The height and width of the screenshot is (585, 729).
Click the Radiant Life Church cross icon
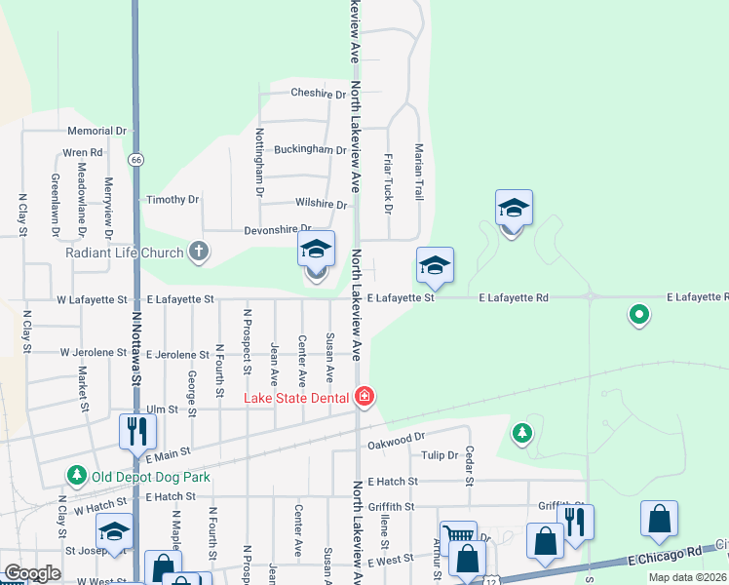click(199, 253)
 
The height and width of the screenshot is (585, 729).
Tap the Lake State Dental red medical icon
click(364, 396)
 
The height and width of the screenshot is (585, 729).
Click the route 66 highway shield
click(135, 159)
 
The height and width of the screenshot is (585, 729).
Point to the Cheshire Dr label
click(318, 95)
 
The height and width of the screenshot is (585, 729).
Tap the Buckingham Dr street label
click(310, 150)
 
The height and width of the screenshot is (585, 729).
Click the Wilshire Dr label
click(321, 205)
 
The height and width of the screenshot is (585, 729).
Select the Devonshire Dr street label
click(277, 230)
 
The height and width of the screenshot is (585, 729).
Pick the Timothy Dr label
click(173, 200)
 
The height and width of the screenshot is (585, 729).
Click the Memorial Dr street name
click(97, 131)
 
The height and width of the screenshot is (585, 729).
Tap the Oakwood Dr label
click(397, 440)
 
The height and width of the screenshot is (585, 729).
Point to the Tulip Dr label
click(440, 455)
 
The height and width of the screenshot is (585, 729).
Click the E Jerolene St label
click(177, 355)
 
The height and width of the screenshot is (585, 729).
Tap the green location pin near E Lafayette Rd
click(638, 315)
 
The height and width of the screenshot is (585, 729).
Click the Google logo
click(32, 574)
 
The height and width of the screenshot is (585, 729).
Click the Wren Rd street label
click(83, 153)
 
